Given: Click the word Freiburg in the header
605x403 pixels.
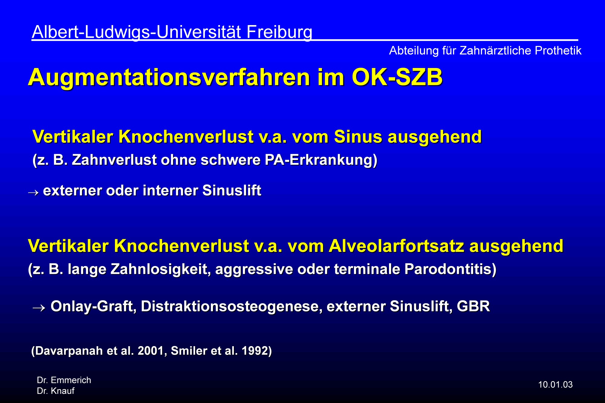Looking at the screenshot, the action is click(x=279, y=32).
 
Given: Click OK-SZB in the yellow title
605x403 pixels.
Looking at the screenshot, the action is click(x=397, y=77).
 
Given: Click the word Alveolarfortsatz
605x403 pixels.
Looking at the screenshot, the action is click(x=396, y=245).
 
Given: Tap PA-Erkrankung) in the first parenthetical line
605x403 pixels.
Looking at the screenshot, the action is click(x=321, y=160).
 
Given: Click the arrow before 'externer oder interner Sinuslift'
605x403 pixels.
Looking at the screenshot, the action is click(x=33, y=192).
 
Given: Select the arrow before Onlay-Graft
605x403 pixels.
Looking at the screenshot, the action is click(x=39, y=308).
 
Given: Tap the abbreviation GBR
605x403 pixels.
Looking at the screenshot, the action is click(x=473, y=306).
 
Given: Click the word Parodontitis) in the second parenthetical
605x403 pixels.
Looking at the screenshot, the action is click(x=450, y=269).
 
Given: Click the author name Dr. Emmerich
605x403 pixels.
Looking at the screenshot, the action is click(x=64, y=380).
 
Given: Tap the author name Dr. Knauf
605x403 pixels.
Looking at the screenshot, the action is click(x=56, y=391).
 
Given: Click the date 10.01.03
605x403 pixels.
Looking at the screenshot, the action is click(x=555, y=385).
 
